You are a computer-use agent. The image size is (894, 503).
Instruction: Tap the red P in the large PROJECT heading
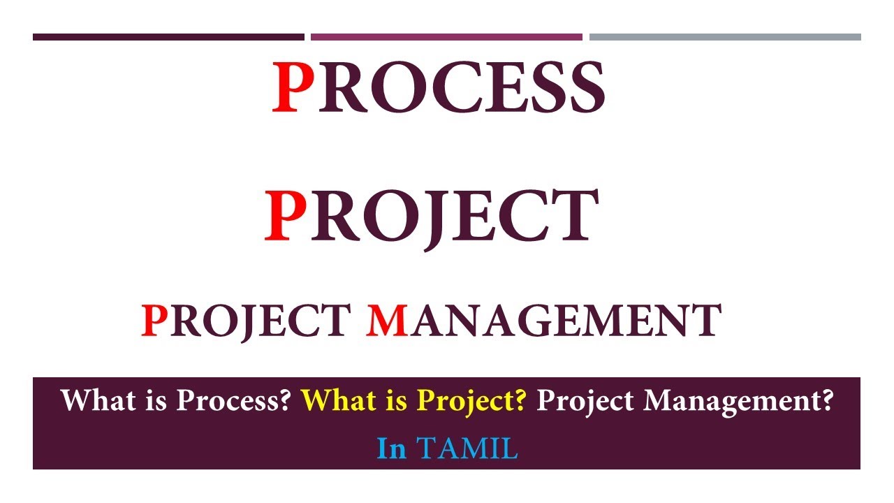point(286,216)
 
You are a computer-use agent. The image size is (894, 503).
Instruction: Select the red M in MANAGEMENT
point(387,320)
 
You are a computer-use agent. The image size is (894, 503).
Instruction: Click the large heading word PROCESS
point(438,88)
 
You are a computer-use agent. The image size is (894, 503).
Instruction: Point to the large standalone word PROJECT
point(432,216)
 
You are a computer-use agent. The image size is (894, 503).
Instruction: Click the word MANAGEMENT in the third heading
point(543,320)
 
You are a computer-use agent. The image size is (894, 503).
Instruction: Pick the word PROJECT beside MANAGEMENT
point(244,320)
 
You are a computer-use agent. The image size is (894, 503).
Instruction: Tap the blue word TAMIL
point(467,449)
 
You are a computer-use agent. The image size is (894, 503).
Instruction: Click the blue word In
point(391,449)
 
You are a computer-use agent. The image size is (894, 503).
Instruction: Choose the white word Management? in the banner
point(738,401)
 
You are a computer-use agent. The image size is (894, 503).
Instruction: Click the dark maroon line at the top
point(168,37)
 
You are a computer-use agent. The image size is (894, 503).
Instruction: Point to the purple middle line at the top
point(446,37)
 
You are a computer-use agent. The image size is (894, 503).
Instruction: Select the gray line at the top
point(725,37)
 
